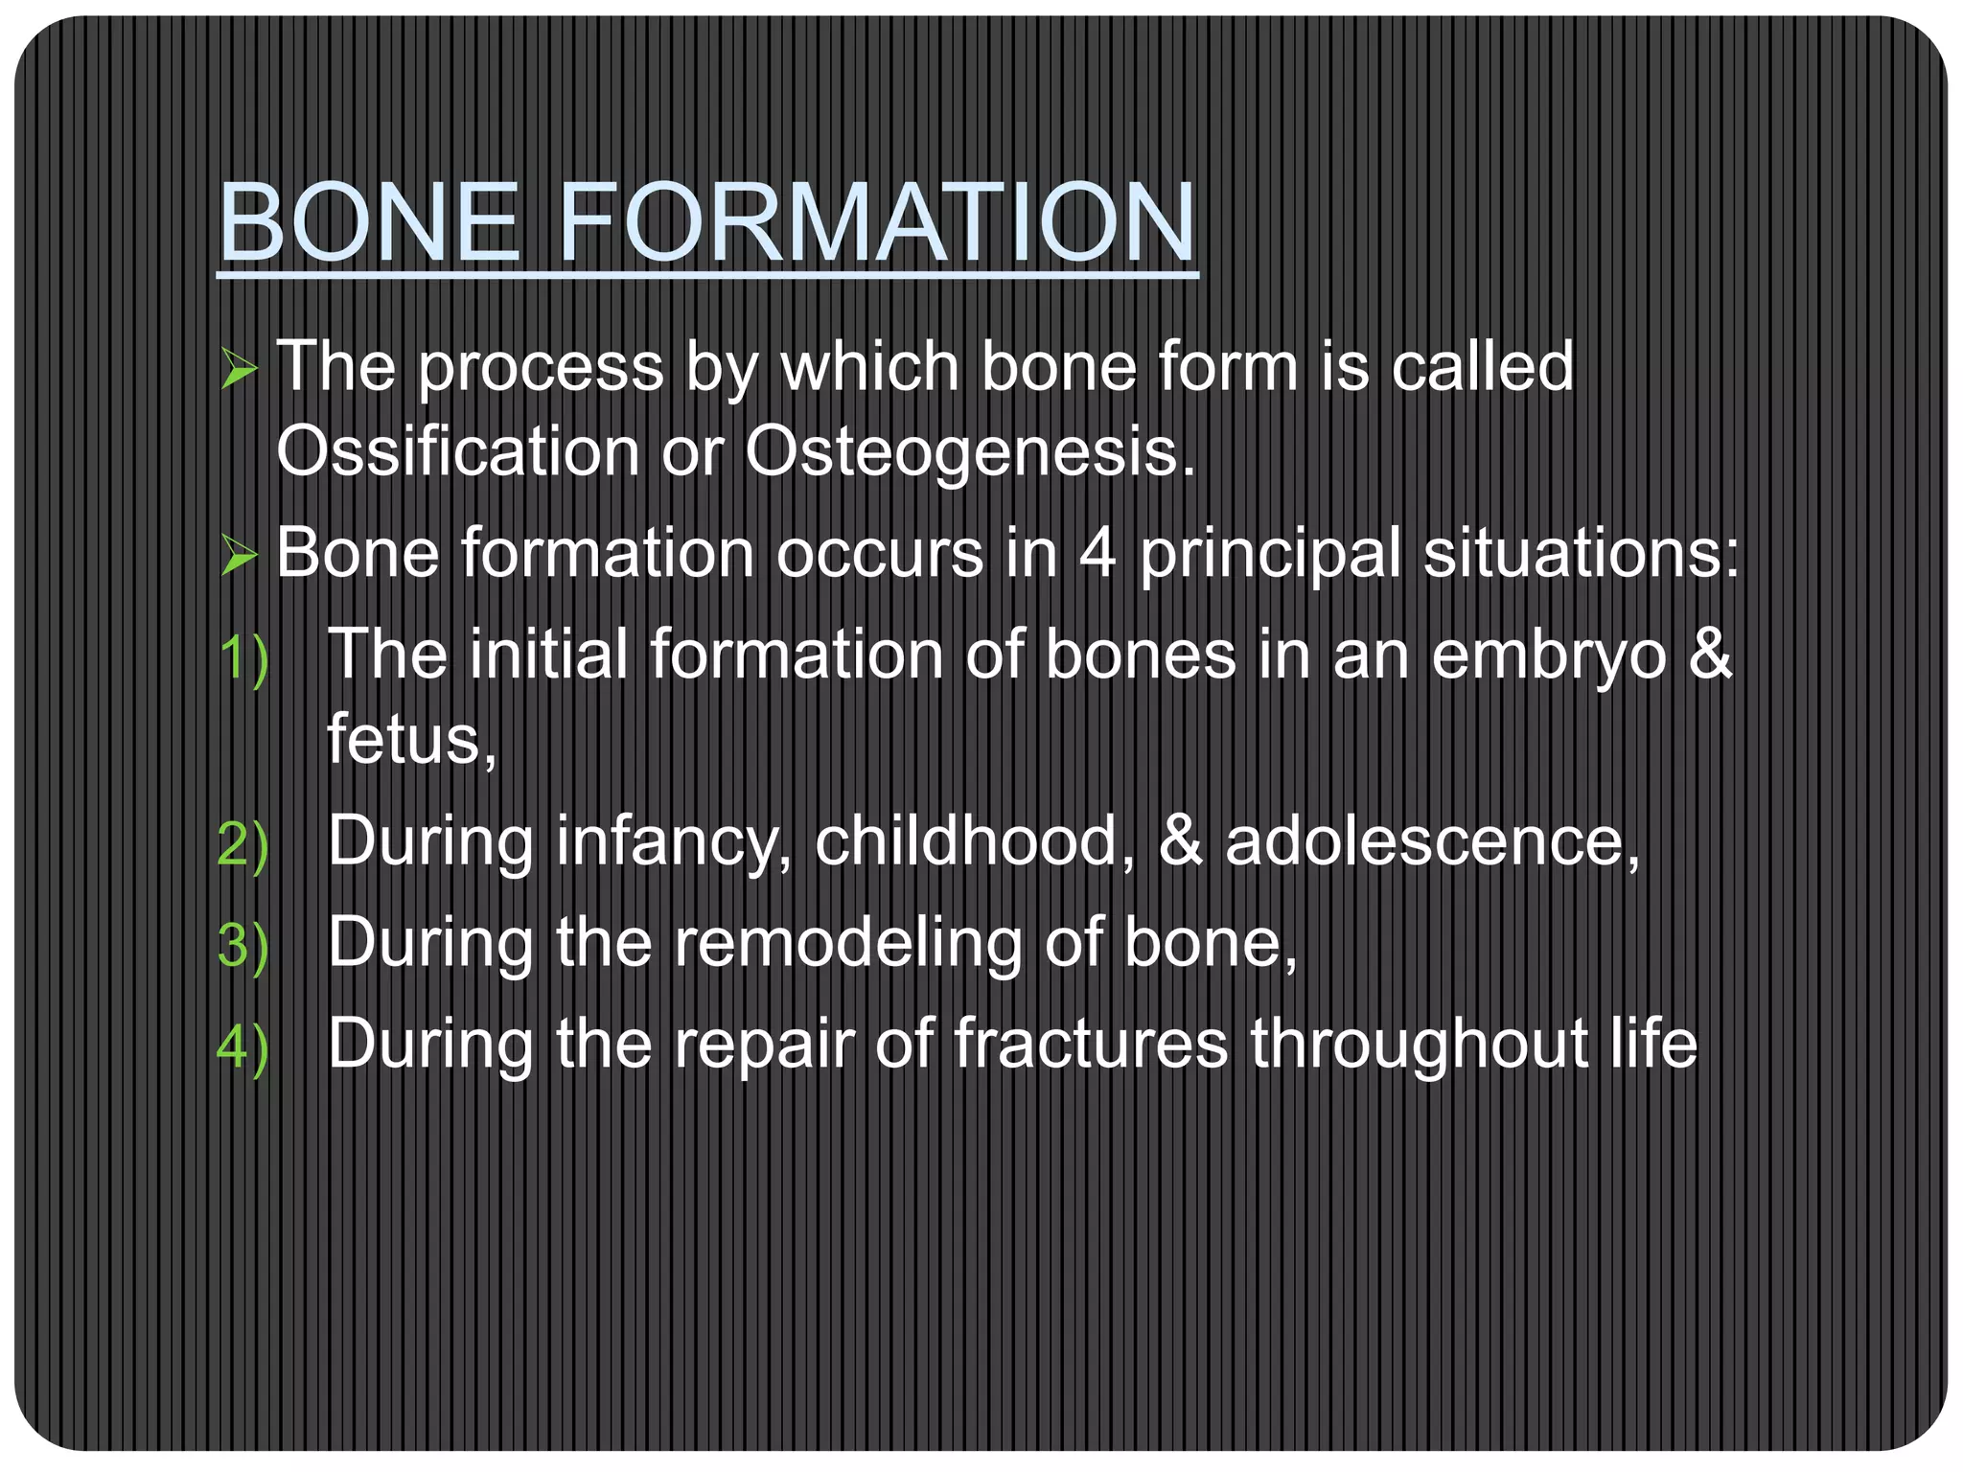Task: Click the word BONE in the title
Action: pos(369,222)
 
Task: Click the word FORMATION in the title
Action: pos(876,222)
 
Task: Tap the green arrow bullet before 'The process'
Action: pos(239,369)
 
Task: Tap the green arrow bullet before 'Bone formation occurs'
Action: pos(239,556)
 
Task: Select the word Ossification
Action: pos(457,450)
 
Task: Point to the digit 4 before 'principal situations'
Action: pos(1097,554)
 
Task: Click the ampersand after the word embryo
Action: pos(1710,655)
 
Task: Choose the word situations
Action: pos(1580,554)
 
